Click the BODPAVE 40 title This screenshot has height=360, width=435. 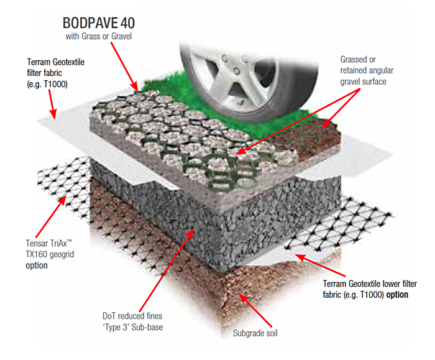(x=98, y=24)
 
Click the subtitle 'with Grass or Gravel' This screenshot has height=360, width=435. (x=98, y=37)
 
